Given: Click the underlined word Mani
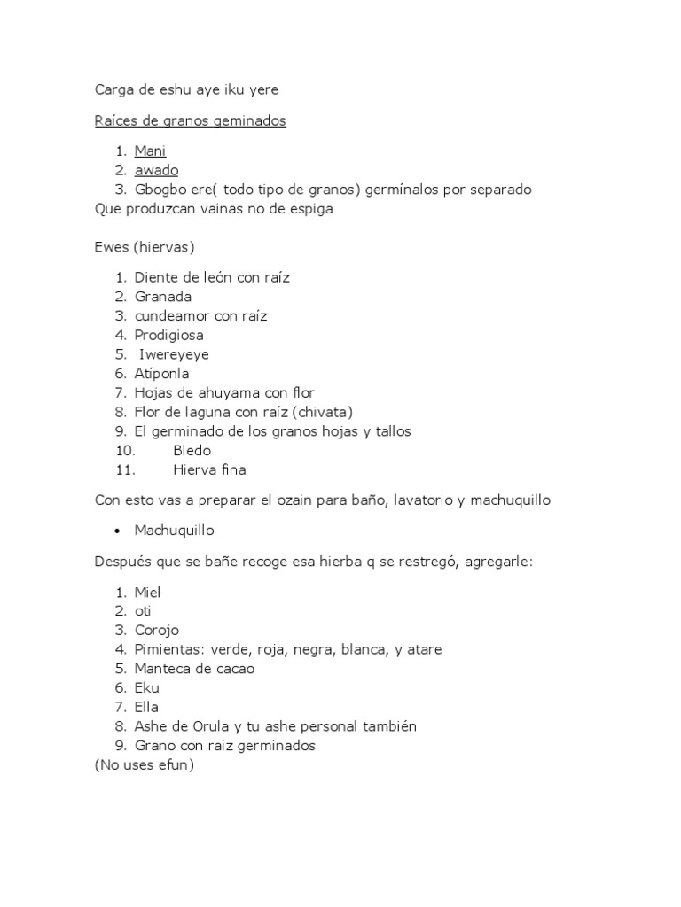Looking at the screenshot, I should coord(150,151).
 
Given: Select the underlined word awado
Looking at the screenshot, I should coord(156,171).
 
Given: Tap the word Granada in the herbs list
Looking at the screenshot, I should coord(163,297).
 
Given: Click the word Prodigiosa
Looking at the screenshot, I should coord(168,335).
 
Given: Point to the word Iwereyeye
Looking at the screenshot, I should coord(175,354).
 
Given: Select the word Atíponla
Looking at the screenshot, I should coord(161,374).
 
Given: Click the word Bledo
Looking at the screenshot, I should coord(192,451).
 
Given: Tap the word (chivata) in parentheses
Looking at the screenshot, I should coord(324,412).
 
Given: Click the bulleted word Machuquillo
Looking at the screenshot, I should coord(174,531).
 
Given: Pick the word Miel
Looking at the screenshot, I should coord(147,592).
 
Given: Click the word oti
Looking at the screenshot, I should coord(143,611).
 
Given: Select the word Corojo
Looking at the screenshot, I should coord(157,631).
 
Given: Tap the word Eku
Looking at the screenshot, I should coord(146,688).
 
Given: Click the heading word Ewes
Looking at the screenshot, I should coord(112,247).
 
